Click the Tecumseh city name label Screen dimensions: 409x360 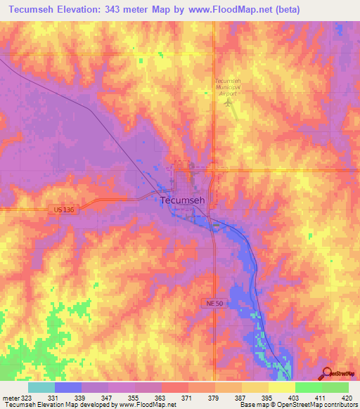click(x=183, y=200)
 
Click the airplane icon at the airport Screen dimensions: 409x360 click(x=228, y=103)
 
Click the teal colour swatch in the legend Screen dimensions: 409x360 click(x=41, y=387)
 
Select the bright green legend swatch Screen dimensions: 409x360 click(x=308, y=387)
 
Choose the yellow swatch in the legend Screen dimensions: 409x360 click(x=281, y=387)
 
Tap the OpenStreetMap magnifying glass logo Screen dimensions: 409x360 click(x=326, y=372)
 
